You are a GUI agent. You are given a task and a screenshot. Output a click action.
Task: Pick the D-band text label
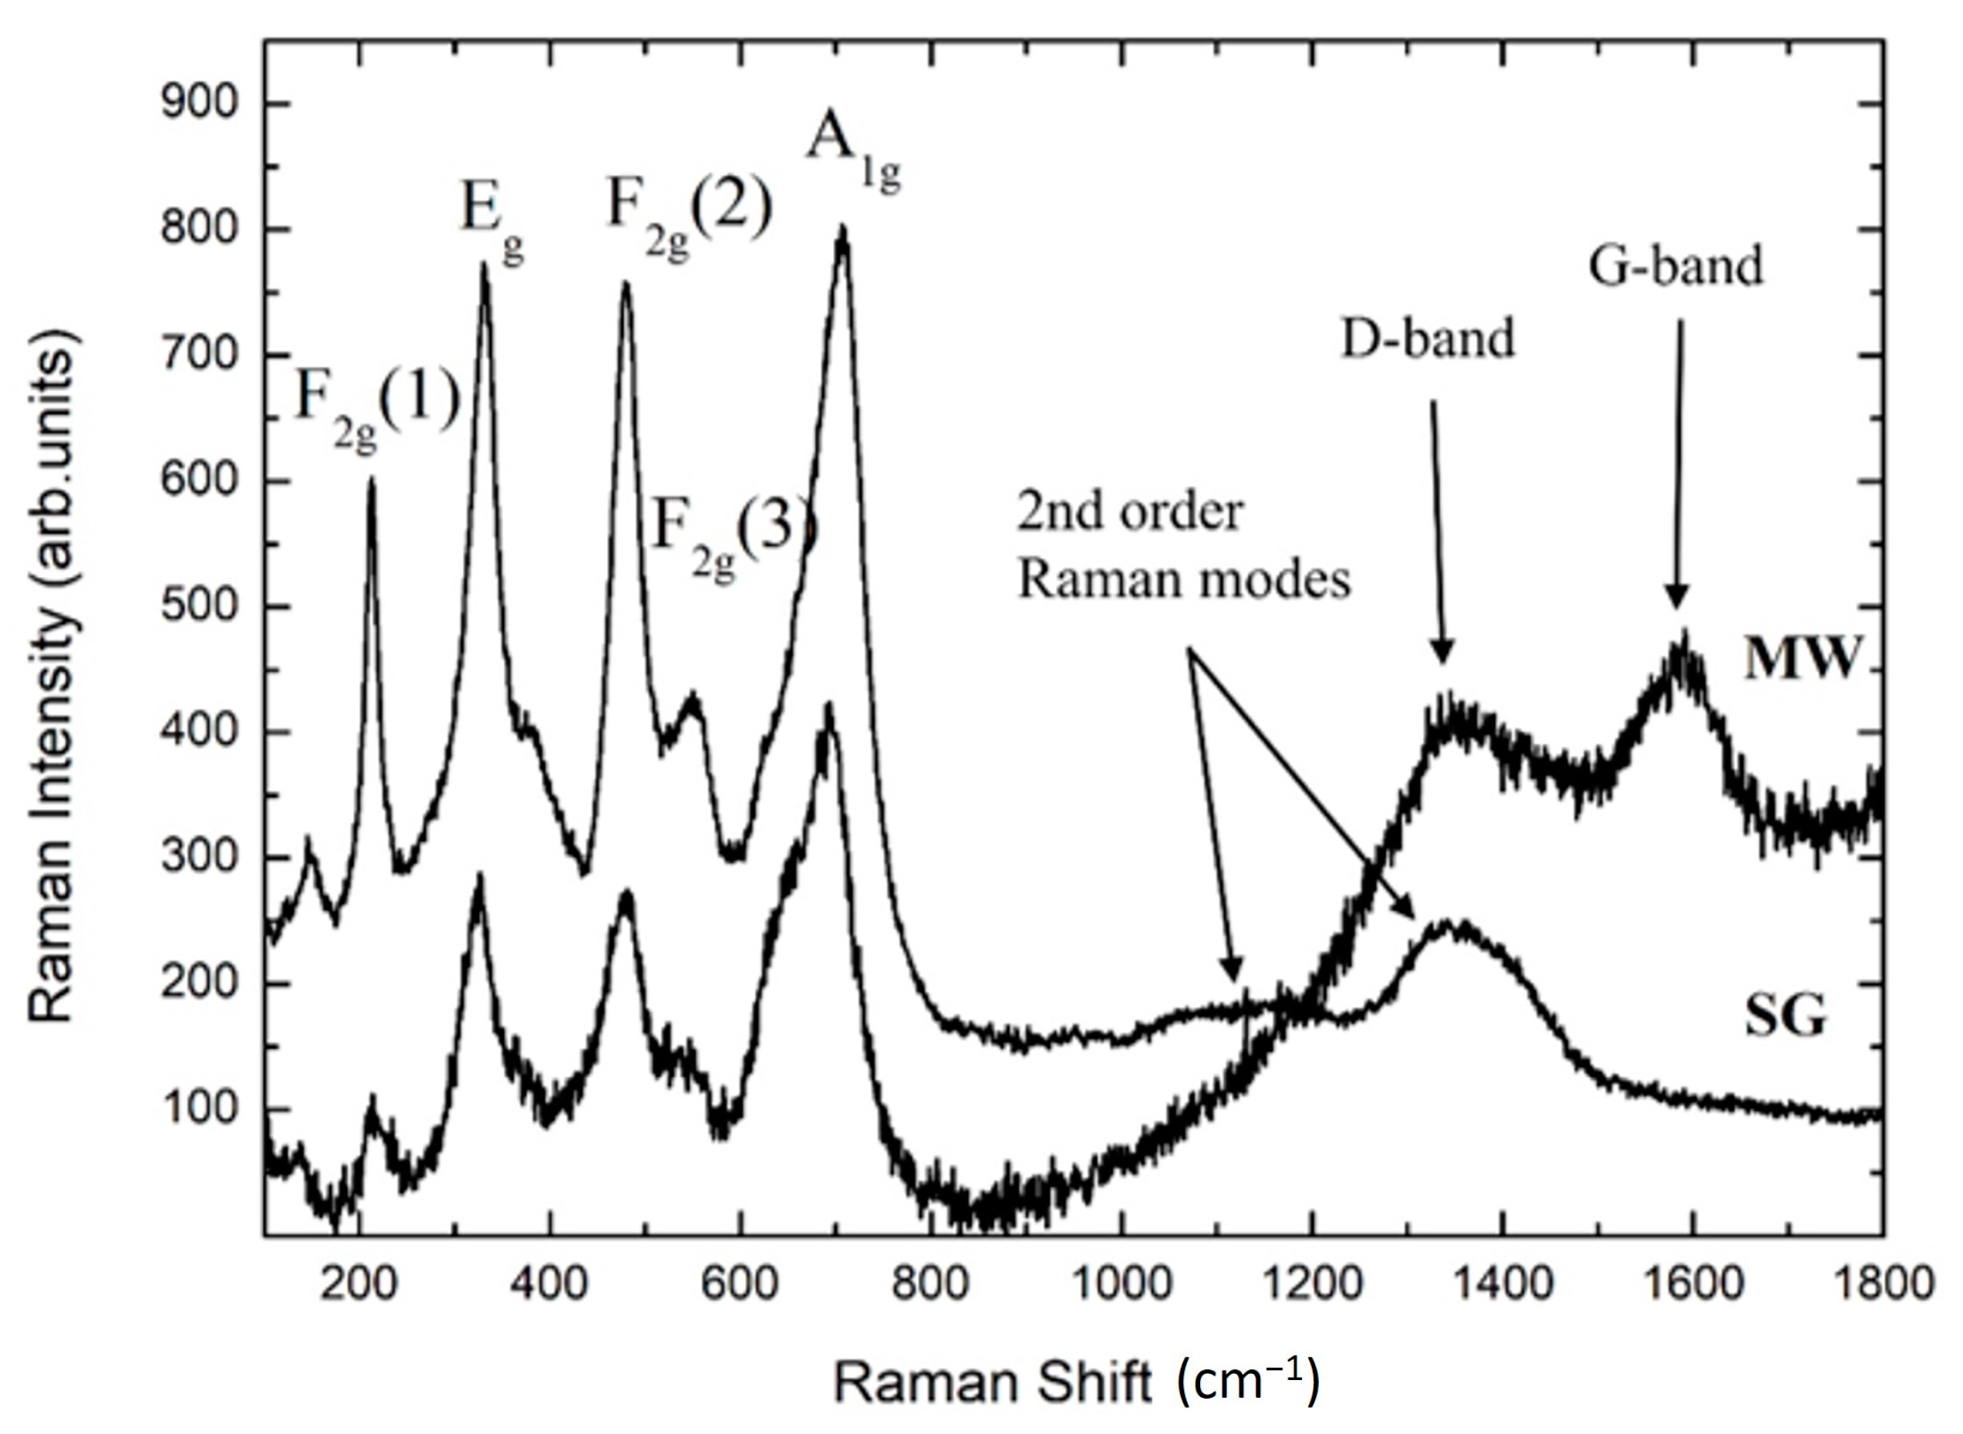pos(1428,339)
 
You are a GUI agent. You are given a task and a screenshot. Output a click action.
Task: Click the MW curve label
pos(1801,660)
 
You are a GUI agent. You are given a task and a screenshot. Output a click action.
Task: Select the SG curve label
pos(1785,1016)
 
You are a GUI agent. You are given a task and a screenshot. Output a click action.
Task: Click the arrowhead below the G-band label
pos(1677,599)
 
